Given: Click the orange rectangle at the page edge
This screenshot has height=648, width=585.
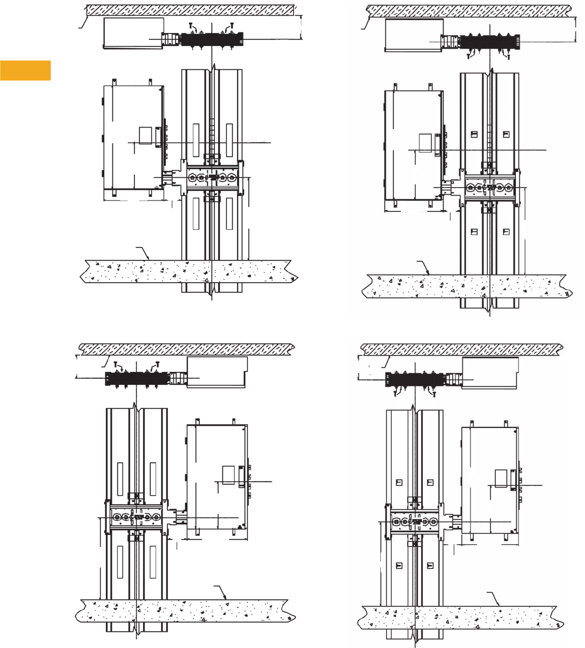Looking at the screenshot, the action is coord(25,70).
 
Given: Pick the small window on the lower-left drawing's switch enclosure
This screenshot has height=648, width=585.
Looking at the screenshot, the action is coord(229,475).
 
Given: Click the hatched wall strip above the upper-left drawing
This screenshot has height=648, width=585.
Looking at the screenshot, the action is coord(189,10).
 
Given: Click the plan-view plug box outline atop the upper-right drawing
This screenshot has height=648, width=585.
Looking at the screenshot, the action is coord(413,36).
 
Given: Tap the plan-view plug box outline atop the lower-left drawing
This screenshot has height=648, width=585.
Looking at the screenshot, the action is coord(217,372).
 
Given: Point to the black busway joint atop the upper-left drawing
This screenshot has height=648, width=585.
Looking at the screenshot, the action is coord(211,39).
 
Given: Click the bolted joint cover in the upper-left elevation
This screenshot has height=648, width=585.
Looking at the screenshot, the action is coord(211,177).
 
